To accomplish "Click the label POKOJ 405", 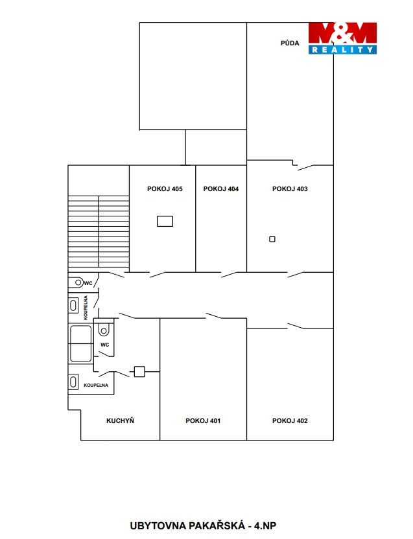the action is pyautogui.click(x=165, y=189).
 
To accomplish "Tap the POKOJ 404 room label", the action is pyautogui.click(x=220, y=189).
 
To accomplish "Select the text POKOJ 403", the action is pyautogui.click(x=290, y=189).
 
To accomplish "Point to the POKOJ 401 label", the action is pyautogui.click(x=203, y=420).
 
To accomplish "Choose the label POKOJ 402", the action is pyautogui.click(x=290, y=420).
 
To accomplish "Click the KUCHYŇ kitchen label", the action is pyautogui.click(x=120, y=420).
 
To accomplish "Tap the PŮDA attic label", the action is pyautogui.click(x=290, y=43).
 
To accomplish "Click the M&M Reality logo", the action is pyautogui.click(x=342, y=38).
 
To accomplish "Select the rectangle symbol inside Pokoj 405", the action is pyautogui.click(x=165, y=221).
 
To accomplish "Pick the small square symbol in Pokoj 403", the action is pyautogui.click(x=272, y=239).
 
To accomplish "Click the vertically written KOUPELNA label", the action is pyautogui.click(x=86, y=308).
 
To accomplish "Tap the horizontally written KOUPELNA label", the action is pyautogui.click(x=96, y=385).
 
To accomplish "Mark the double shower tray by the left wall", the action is pyautogui.click(x=81, y=343).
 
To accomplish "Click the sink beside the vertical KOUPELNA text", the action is pyautogui.click(x=73, y=305).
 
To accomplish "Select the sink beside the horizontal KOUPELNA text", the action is pyautogui.click(x=73, y=382).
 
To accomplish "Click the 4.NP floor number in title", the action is pyautogui.click(x=265, y=525).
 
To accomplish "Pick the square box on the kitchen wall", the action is pyautogui.click(x=139, y=372).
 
